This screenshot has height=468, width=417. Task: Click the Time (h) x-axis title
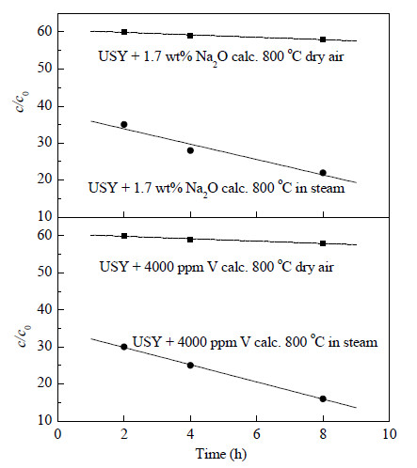[x=221, y=454]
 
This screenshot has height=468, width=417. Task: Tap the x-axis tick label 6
[x=257, y=434]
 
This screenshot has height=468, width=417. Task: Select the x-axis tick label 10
[x=389, y=434]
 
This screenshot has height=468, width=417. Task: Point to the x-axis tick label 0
[x=57, y=434]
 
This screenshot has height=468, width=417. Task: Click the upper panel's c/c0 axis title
[x=23, y=101]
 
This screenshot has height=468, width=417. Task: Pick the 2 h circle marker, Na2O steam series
[x=124, y=124]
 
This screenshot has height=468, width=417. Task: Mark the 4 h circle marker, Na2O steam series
[x=190, y=150]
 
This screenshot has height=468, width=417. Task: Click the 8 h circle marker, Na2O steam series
[x=323, y=173]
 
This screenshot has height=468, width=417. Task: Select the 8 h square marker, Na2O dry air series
[x=323, y=39]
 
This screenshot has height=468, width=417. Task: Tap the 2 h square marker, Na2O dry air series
[x=124, y=32]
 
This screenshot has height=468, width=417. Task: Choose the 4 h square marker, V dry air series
[x=190, y=240]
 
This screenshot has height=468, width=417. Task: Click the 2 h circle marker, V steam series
[x=124, y=347]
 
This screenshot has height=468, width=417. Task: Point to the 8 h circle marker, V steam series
[x=323, y=398]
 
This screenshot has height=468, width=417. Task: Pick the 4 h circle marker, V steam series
[x=190, y=366]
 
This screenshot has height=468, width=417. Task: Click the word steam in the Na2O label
[x=328, y=188]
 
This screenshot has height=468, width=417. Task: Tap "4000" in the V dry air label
[x=159, y=267]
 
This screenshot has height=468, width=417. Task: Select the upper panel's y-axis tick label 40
[x=45, y=106]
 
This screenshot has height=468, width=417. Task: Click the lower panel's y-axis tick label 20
[x=45, y=383]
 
